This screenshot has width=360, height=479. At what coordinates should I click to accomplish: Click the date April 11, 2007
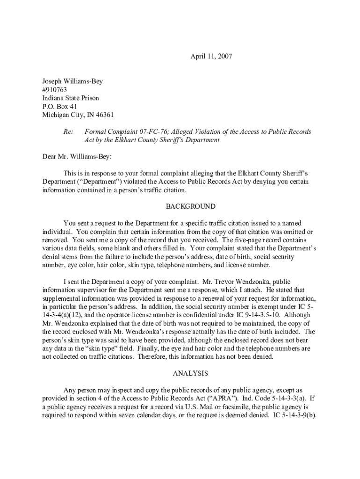pyautogui.click(x=211, y=57)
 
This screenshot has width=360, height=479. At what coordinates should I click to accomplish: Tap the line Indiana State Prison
pyautogui.click(x=71, y=98)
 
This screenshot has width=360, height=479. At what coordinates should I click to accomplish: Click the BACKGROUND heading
pyautogui.click(x=191, y=206)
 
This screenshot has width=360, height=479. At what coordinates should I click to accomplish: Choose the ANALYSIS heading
pyautogui.click(x=190, y=373)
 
